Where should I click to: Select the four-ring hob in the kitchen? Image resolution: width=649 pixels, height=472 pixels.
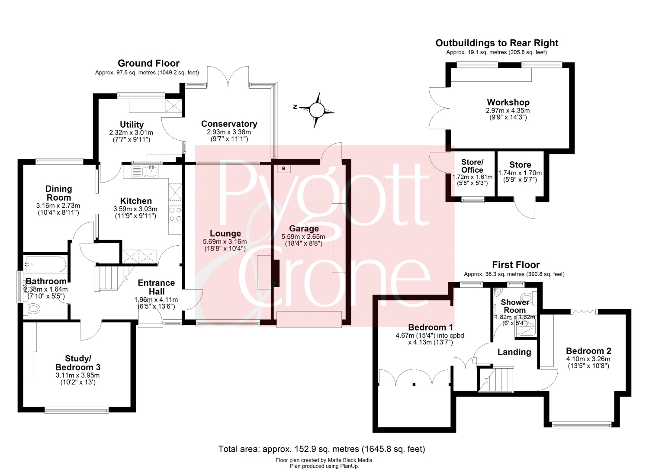click(175, 214)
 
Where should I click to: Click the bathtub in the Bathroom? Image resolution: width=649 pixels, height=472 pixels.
click(46, 264)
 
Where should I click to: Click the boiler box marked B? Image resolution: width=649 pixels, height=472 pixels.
click(284, 168)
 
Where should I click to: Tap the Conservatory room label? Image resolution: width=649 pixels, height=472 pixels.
click(229, 124)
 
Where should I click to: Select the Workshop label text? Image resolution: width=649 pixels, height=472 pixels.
click(508, 102)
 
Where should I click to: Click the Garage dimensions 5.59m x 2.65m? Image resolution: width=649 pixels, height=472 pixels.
click(303, 237)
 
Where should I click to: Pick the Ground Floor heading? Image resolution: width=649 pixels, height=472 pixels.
click(148, 63)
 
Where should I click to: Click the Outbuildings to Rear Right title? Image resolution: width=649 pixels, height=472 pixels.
click(497, 43)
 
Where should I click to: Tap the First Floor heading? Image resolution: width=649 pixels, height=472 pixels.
click(516, 265)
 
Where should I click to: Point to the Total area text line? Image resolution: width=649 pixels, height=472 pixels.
click(321, 449)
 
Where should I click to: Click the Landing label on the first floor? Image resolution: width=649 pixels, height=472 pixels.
click(514, 352)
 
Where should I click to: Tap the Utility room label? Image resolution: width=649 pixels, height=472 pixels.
click(132, 125)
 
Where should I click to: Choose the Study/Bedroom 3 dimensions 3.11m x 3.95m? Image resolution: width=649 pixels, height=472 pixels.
click(77, 375)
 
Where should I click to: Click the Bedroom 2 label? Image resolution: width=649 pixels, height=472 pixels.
click(588, 351)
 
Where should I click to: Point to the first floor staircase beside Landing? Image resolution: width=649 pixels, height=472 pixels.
click(496, 379)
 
